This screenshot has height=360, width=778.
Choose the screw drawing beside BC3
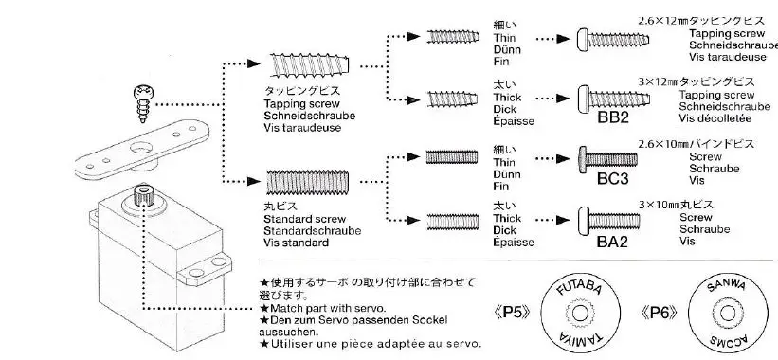pyautogui.click(x=612, y=155)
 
